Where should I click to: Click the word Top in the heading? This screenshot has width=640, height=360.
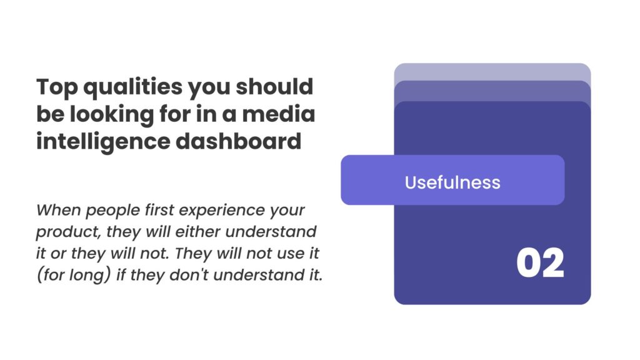[57, 87]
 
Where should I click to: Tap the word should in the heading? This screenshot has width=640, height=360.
[274, 86]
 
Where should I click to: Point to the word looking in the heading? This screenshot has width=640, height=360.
[112, 115]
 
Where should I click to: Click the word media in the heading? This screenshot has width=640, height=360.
[278, 114]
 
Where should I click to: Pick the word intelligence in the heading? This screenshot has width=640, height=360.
[103, 142]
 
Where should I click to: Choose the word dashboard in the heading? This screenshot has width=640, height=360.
[238, 141]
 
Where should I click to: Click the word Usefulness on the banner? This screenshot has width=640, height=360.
[452, 182]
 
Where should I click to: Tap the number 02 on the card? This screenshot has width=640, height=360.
[541, 263]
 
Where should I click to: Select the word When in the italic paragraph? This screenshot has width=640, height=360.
[58, 210]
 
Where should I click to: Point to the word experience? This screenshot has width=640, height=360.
[221, 211]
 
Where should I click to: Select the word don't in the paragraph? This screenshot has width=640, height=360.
[189, 275]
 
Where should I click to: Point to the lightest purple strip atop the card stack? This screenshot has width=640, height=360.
[492, 72]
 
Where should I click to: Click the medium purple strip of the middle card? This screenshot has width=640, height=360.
[492, 91]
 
